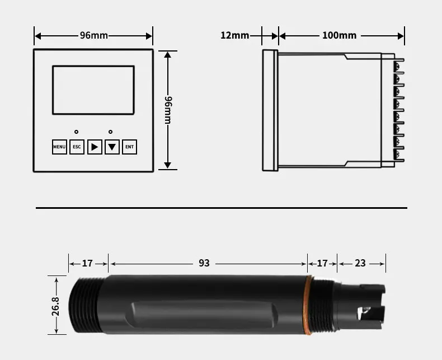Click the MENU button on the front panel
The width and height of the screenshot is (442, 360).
click(59, 147)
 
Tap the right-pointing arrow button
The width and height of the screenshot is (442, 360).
click(95, 147)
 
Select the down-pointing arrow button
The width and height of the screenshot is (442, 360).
click(112, 147)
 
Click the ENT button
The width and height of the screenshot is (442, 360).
click(129, 147)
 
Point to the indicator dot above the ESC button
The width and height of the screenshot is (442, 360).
click(77, 132)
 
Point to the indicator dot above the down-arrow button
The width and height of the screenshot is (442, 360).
click(111, 132)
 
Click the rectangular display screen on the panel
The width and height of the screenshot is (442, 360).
click(93, 90)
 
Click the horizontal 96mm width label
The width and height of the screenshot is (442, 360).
click(94, 35)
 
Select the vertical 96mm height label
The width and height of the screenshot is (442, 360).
click(168, 110)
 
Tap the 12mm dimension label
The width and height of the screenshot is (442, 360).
click(234, 35)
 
